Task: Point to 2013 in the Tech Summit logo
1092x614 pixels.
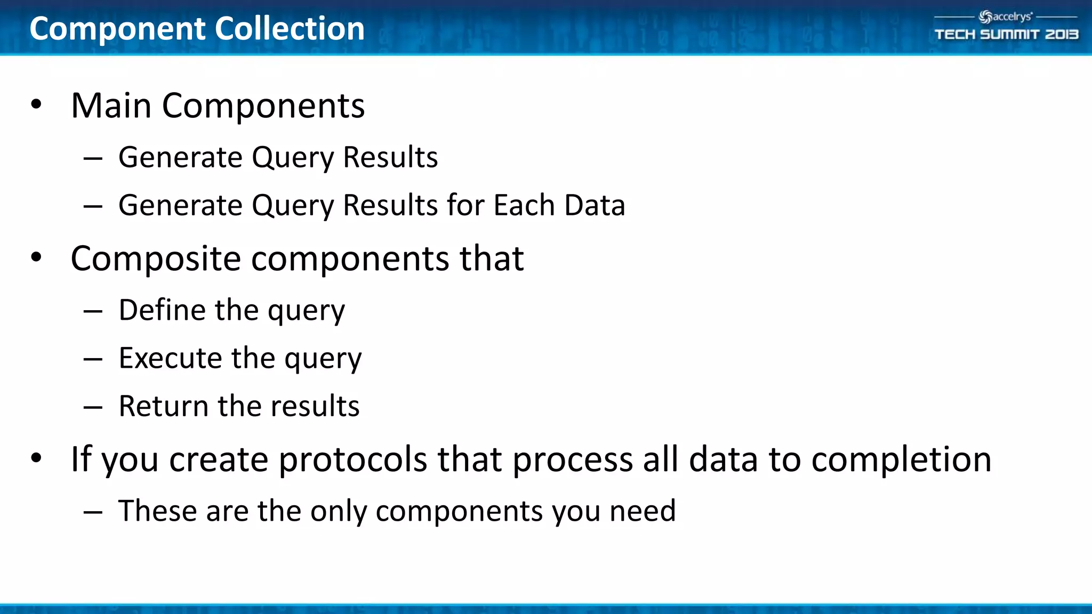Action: [1061, 35]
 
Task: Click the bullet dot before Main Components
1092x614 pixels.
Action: [36, 104]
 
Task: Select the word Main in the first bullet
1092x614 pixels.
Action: [111, 106]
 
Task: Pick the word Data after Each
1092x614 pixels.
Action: [595, 205]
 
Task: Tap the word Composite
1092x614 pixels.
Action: [156, 259]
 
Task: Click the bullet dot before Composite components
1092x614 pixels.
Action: [36, 257]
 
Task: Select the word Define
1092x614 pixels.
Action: [162, 310]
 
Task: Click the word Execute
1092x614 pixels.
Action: [170, 358]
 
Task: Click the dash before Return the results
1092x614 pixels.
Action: [93, 407]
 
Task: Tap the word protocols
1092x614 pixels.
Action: [352, 459]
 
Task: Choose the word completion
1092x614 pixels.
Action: [901, 459]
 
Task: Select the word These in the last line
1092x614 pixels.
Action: [158, 511]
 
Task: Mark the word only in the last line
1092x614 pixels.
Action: [339, 511]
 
